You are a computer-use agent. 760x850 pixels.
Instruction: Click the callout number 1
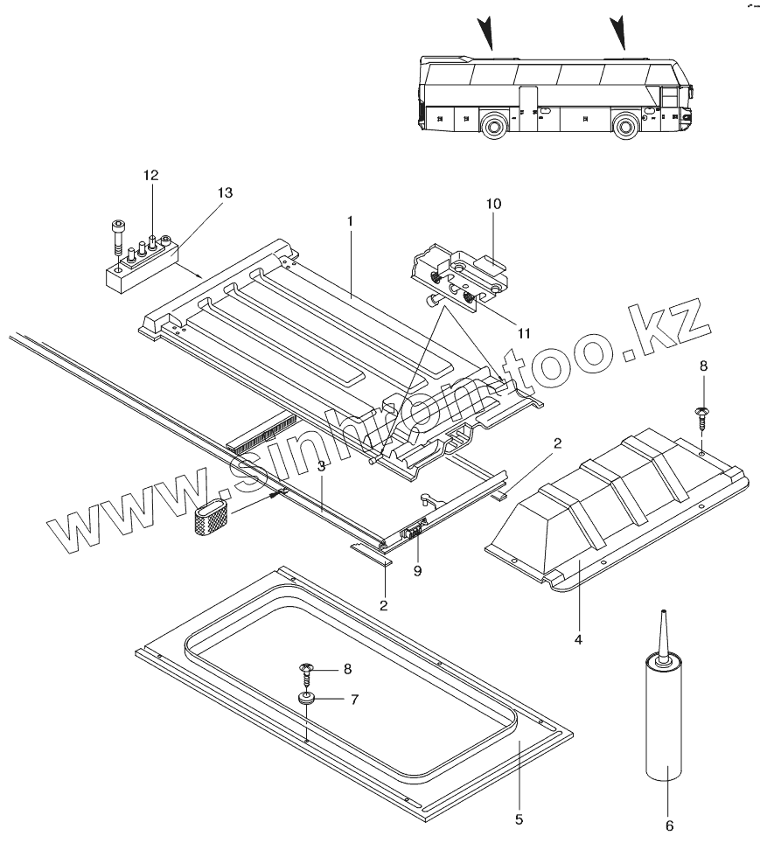[x=349, y=222]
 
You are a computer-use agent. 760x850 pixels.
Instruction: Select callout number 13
[x=225, y=192]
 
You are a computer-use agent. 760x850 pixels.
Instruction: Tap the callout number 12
[x=151, y=176]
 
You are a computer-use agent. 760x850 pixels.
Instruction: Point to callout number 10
[x=493, y=204]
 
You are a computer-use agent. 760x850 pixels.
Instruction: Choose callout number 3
[x=322, y=467]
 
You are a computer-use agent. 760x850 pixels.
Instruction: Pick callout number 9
[x=418, y=570]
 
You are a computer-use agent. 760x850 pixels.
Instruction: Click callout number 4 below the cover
[x=577, y=639]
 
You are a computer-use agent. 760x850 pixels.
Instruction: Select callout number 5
[x=519, y=819]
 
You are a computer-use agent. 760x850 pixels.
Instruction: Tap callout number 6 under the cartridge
[x=670, y=824]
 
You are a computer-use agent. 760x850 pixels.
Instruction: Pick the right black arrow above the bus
[x=619, y=31]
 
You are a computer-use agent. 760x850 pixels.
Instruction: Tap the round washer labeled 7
[x=307, y=699]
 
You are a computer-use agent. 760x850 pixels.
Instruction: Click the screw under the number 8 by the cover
[x=701, y=417]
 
